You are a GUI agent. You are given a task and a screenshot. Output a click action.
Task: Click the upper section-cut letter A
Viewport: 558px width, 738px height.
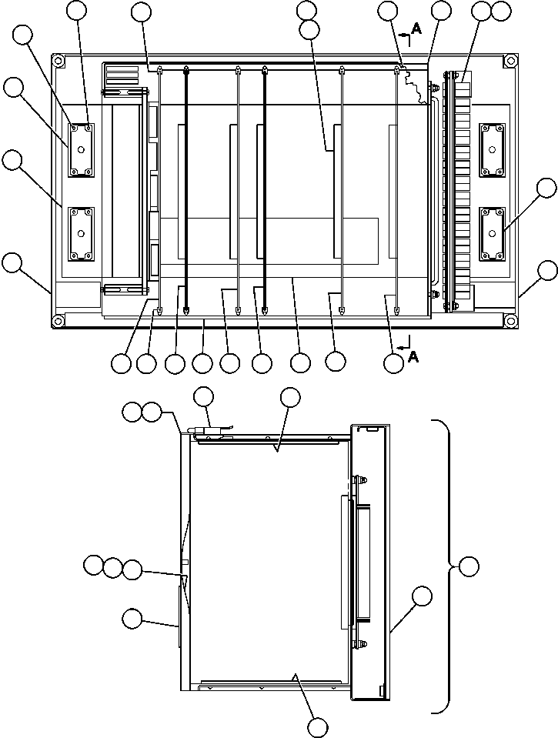tap(416, 28)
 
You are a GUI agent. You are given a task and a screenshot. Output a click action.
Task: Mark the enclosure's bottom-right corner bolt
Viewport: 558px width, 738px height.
tap(510, 320)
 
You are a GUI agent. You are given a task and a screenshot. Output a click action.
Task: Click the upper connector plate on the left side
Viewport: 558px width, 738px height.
tap(81, 148)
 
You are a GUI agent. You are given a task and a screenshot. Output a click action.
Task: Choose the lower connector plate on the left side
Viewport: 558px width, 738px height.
tap(81, 232)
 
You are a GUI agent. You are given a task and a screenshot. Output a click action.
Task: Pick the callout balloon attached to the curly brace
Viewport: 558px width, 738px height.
tap(468, 567)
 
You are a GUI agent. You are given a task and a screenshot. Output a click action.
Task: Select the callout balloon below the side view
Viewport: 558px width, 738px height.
tap(318, 728)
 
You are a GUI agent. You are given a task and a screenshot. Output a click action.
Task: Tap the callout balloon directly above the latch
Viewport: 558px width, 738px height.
tap(204, 397)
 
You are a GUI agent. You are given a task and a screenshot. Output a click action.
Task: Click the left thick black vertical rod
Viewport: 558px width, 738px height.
tap(187, 192)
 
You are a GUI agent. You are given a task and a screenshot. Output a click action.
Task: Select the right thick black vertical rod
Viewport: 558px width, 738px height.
tap(264, 192)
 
